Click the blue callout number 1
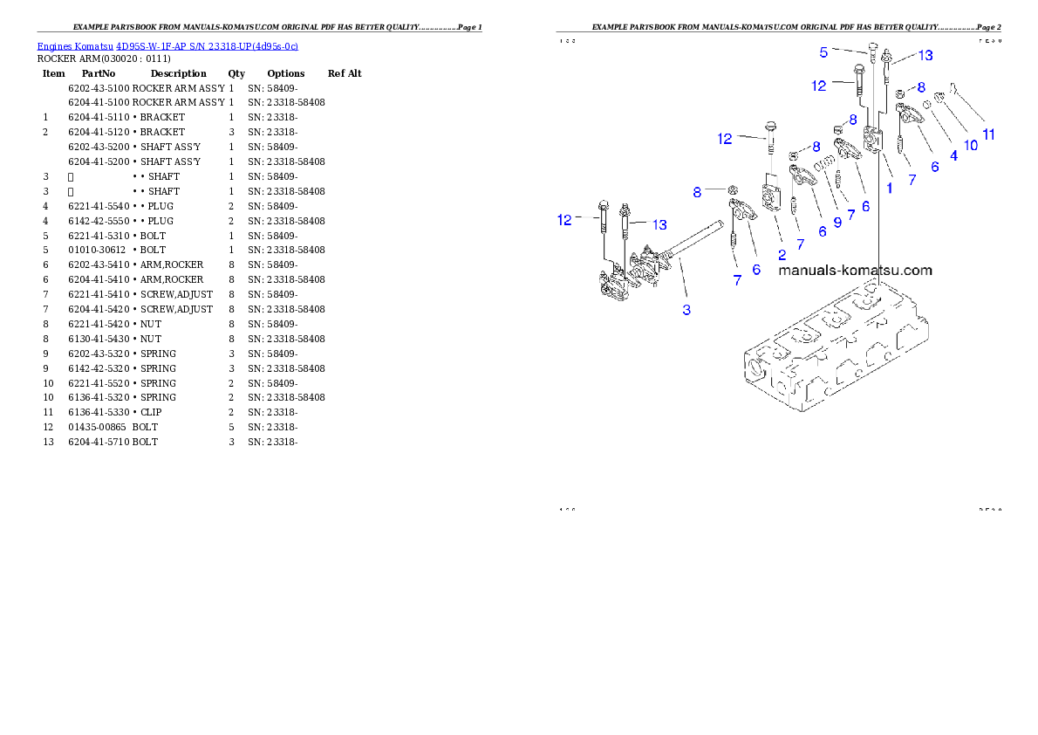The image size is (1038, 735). (x=889, y=187)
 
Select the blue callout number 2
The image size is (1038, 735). (x=782, y=254)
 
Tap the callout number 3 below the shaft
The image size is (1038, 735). (x=686, y=310)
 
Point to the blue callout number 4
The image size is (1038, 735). (x=953, y=155)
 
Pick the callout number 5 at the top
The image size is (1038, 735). (x=823, y=52)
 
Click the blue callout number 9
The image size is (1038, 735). (x=837, y=222)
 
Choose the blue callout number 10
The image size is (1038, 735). (x=971, y=146)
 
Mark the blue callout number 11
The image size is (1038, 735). (x=988, y=134)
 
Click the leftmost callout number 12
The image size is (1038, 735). (x=564, y=220)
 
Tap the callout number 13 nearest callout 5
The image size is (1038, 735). (x=925, y=55)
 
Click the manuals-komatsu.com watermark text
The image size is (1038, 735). (x=855, y=270)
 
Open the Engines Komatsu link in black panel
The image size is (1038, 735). (x=167, y=45)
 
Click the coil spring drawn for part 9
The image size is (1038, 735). (x=823, y=165)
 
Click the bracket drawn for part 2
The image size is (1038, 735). (x=771, y=197)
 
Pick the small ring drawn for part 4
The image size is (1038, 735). (x=926, y=104)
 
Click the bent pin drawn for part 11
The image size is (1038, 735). (x=955, y=87)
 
